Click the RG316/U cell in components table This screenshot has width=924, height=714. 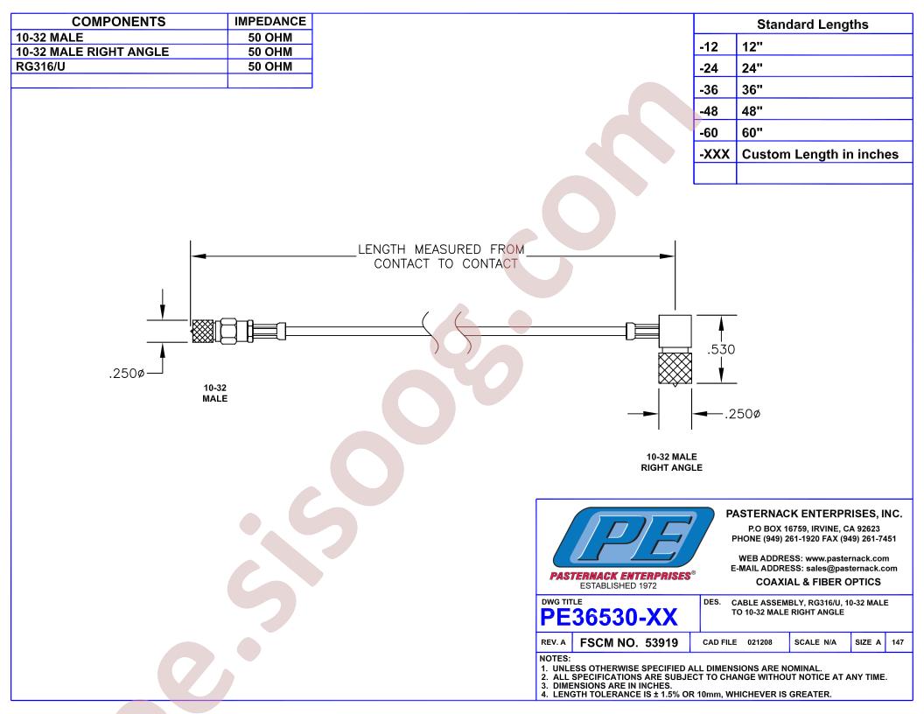click(40, 66)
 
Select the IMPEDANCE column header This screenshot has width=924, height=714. click(269, 22)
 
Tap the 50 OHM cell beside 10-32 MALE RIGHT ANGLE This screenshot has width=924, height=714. click(269, 52)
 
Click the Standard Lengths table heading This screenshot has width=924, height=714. click(813, 24)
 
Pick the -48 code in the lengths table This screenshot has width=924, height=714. click(709, 111)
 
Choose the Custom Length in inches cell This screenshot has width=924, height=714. click(820, 154)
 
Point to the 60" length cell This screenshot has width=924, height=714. click(752, 132)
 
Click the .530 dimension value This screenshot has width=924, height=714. click(721, 349)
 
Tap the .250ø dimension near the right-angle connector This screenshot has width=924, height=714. click(743, 414)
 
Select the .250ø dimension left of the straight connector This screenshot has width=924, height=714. click(127, 374)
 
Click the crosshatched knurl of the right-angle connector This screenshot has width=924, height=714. click(675, 368)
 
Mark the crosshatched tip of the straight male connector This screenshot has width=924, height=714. click(203, 331)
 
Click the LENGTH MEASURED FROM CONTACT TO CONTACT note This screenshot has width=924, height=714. click(441, 257)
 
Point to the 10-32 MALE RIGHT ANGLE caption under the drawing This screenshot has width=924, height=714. click(672, 463)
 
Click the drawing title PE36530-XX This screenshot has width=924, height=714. click(609, 618)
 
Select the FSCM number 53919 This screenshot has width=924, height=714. click(661, 643)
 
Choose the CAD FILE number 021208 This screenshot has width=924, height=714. click(759, 642)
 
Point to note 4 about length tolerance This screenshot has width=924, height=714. click(687, 695)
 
